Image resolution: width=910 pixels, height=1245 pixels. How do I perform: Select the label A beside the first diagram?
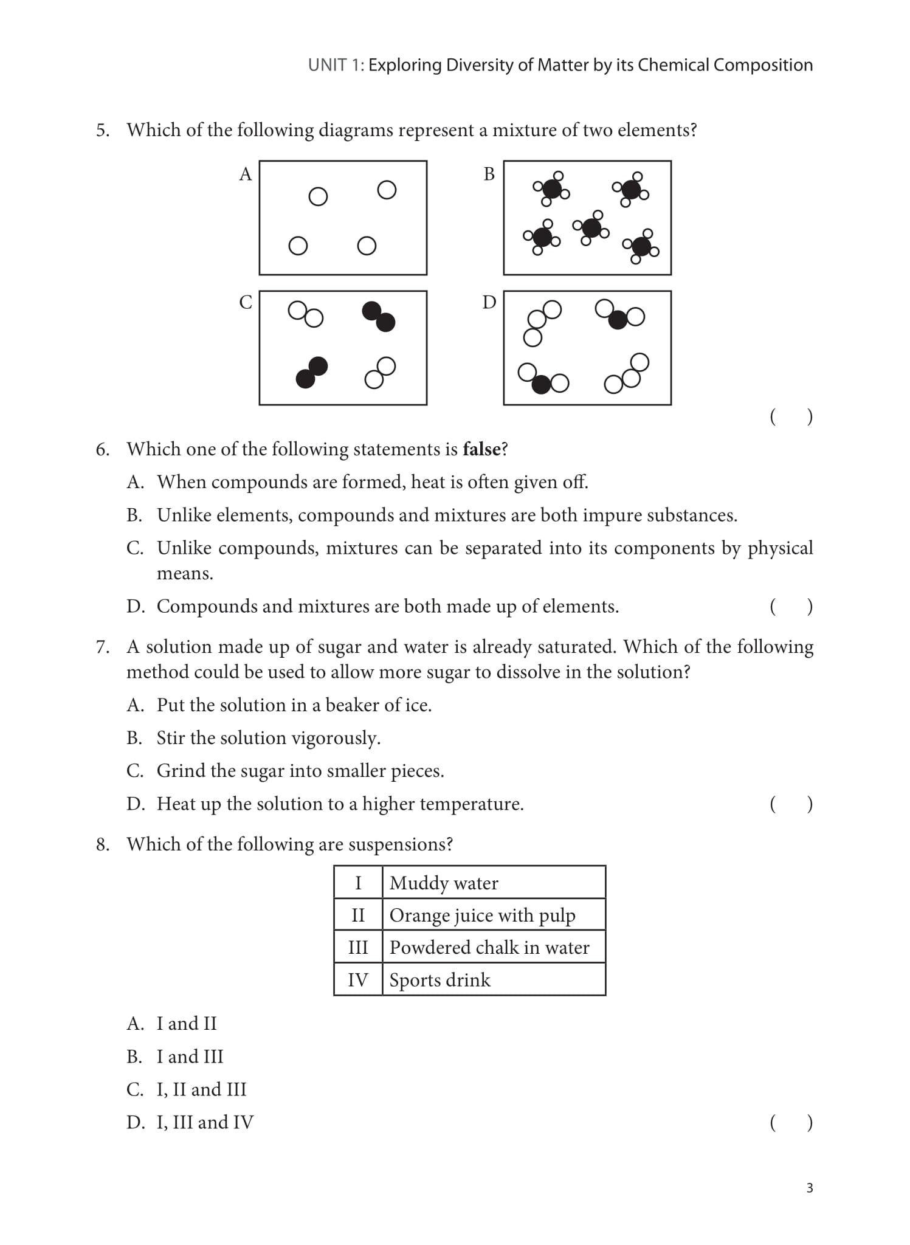point(245,174)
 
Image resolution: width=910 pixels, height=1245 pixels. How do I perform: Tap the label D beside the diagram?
point(489,302)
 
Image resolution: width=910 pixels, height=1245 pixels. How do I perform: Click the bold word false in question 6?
point(481,449)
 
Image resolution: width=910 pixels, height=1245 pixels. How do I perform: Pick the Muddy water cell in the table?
point(444,883)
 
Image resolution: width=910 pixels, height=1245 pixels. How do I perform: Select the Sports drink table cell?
point(439,979)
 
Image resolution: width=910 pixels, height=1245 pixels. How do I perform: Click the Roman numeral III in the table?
point(358,947)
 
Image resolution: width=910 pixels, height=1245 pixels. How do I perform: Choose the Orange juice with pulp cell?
point(482,915)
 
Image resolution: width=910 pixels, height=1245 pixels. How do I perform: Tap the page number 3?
point(809,1188)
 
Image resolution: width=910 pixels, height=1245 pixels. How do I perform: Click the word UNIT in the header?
point(328,65)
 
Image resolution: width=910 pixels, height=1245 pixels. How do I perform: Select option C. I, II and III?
point(187,1089)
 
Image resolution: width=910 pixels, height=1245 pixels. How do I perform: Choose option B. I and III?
point(175,1057)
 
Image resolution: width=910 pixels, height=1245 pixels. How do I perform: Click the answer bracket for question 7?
point(791,804)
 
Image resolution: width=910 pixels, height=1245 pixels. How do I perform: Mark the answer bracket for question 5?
point(791,416)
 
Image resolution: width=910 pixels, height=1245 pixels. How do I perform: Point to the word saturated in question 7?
point(576,646)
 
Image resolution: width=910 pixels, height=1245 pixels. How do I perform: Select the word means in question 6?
point(185,573)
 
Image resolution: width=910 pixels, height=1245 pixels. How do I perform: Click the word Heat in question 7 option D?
point(175,804)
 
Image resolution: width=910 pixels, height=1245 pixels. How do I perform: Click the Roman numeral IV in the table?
point(358,979)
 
